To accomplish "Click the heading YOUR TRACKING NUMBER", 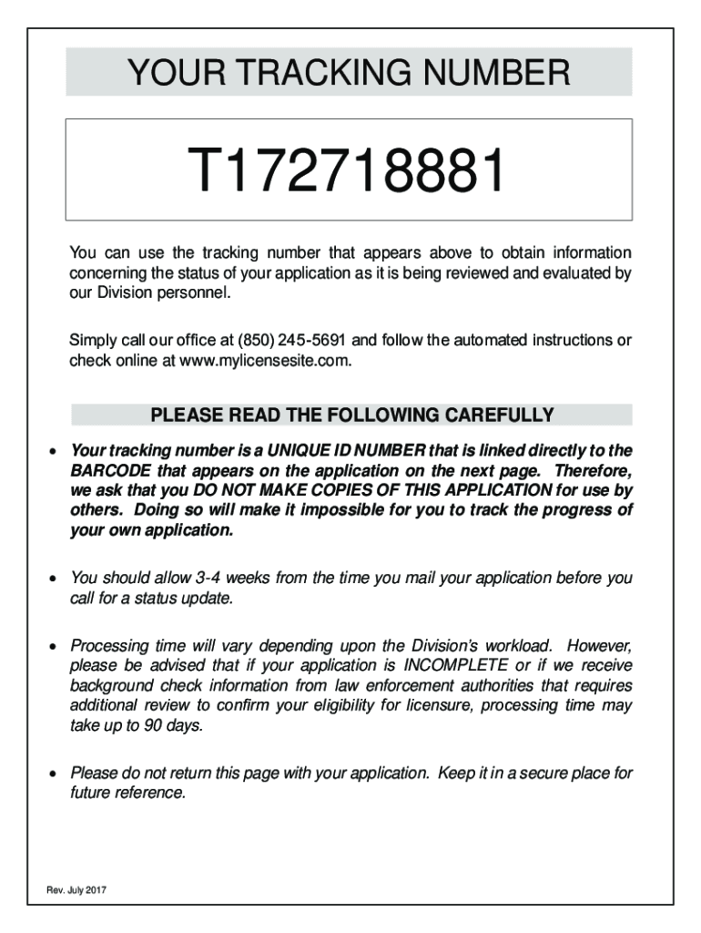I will point(349,73).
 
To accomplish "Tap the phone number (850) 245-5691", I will point(292,341).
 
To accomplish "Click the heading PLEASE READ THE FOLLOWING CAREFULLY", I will point(351,416).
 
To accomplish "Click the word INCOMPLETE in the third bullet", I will point(456,666).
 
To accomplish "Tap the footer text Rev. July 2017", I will point(76,889).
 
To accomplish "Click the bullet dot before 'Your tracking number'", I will point(55,451).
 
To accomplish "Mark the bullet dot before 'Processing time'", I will point(55,647).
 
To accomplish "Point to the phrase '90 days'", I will point(174,725).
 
